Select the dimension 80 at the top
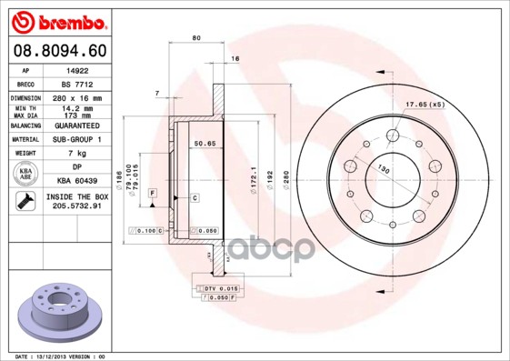(x=196, y=37)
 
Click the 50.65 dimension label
(x=205, y=144)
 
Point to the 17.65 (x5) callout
(x=424, y=104)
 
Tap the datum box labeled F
(x=153, y=192)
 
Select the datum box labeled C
(x=195, y=197)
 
